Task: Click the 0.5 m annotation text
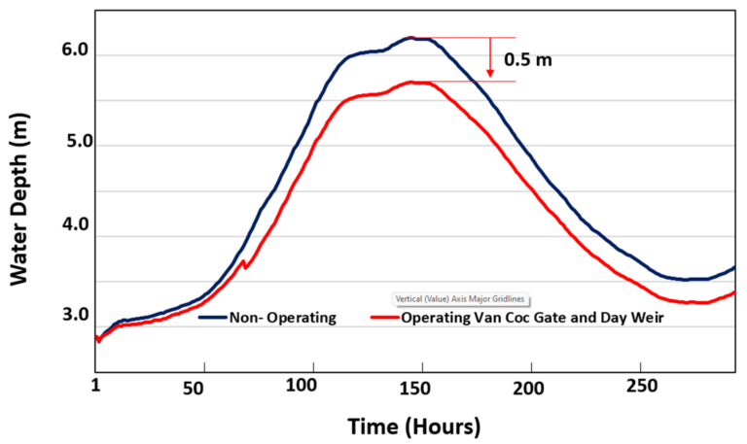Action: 528,60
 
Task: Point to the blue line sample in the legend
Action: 211,318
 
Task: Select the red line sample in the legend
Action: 385,318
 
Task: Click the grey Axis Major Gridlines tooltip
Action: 464,299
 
